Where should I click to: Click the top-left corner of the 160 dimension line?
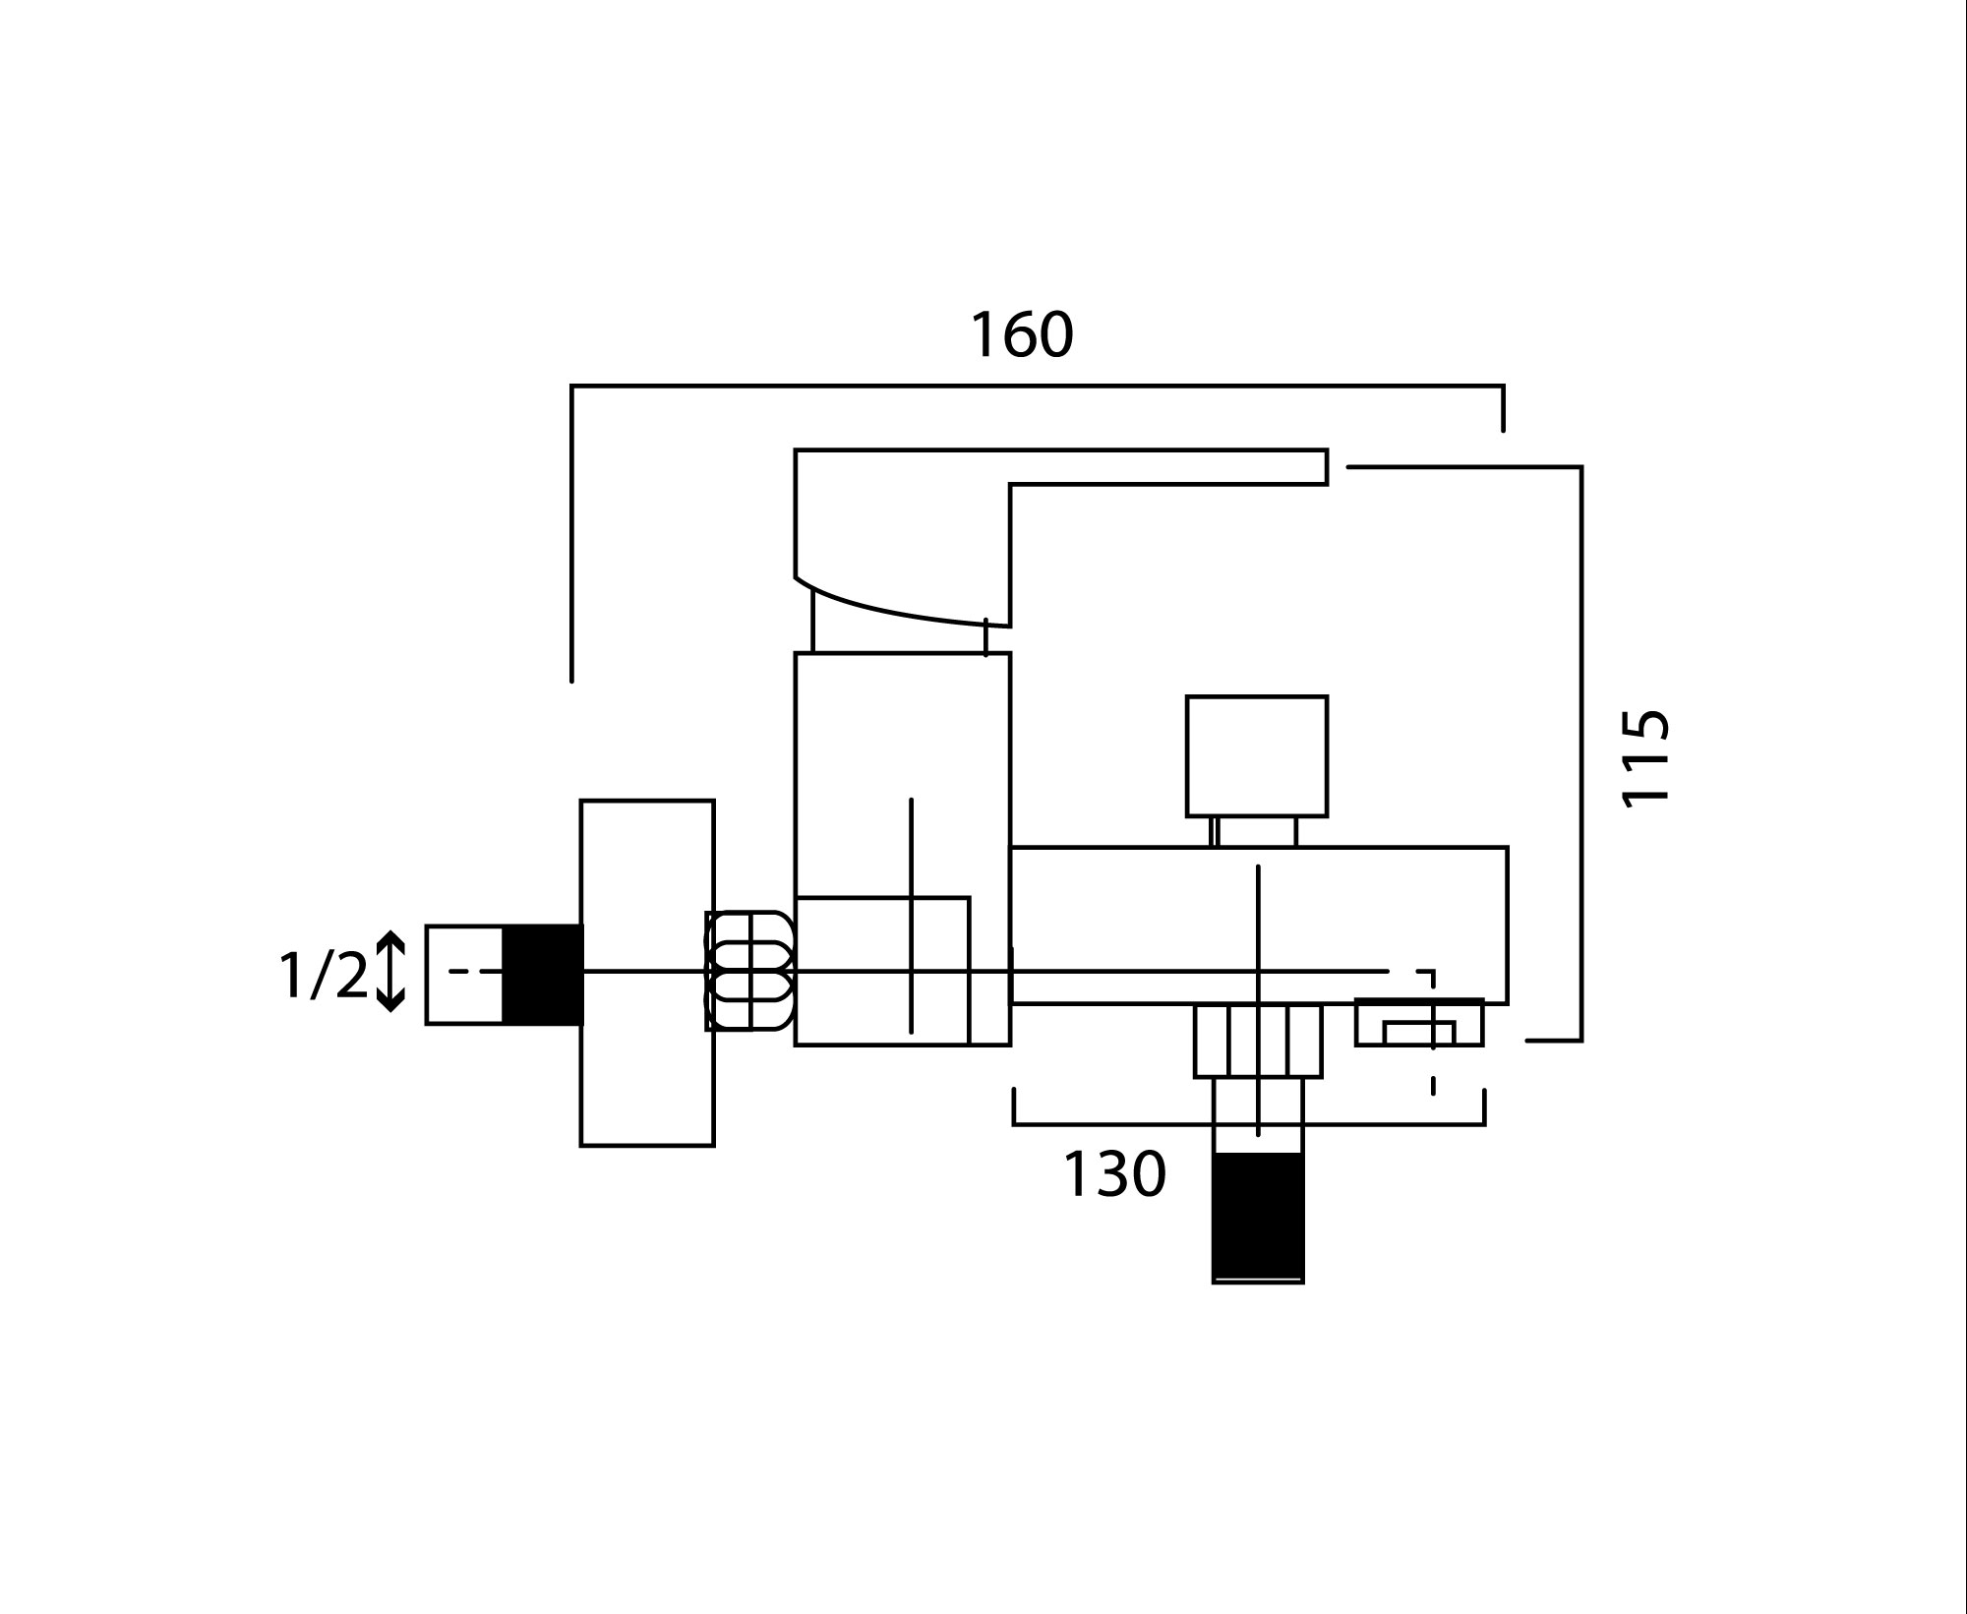click(x=571, y=386)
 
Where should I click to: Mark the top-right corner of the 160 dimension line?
click(x=1503, y=386)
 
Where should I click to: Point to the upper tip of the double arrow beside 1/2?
click(x=390, y=931)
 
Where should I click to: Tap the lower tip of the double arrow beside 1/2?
click(x=390, y=1011)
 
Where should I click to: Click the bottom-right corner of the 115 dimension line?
click(x=1581, y=1040)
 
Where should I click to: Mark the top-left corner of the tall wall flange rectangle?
click(x=580, y=801)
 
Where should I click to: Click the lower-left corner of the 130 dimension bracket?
click(x=1014, y=1124)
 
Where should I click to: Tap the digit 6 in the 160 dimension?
click(x=1022, y=335)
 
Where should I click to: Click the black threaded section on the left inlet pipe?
click(x=543, y=974)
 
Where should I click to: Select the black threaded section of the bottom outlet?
click(x=1258, y=1217)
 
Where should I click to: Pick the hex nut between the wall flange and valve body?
click(x=749, y=971)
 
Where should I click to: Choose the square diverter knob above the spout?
click(x=1257, y=756)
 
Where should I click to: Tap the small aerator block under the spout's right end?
click(x=1419, y=1022)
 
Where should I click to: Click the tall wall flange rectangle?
click(x=647, y=973)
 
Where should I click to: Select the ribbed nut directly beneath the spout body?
click(x=1258, y=1041)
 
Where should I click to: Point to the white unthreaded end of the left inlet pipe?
click(x=464, y=975)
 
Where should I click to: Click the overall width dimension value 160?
click(x=1022, y=335)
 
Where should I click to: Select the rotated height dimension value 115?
click(x=1645, y=756)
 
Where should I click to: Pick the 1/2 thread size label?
click(x=323, y=975)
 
